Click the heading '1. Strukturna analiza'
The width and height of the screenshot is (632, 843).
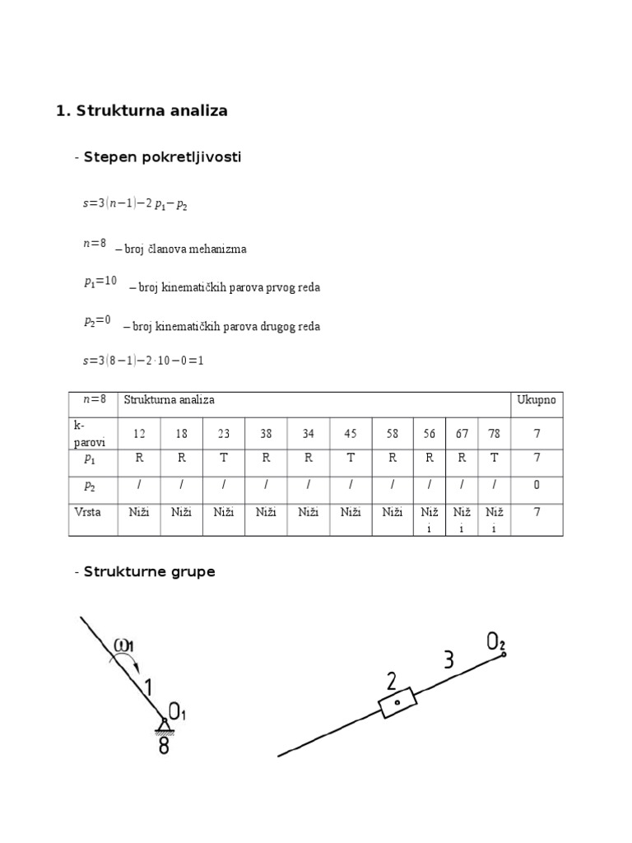142,111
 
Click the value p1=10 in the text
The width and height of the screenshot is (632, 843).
100,282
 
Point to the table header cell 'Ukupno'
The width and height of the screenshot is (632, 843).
537,400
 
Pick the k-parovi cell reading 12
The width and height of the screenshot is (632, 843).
138,433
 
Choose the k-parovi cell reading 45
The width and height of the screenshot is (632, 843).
351,433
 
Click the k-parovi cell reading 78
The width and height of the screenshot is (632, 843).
494,433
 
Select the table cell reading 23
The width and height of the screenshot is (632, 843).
224,433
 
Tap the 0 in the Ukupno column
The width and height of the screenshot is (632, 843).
537,485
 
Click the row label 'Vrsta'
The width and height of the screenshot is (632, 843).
87,512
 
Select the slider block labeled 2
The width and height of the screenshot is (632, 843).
397,702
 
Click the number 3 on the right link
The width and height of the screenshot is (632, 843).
448,660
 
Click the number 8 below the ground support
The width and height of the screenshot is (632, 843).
164,747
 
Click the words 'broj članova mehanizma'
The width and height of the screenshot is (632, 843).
185,249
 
